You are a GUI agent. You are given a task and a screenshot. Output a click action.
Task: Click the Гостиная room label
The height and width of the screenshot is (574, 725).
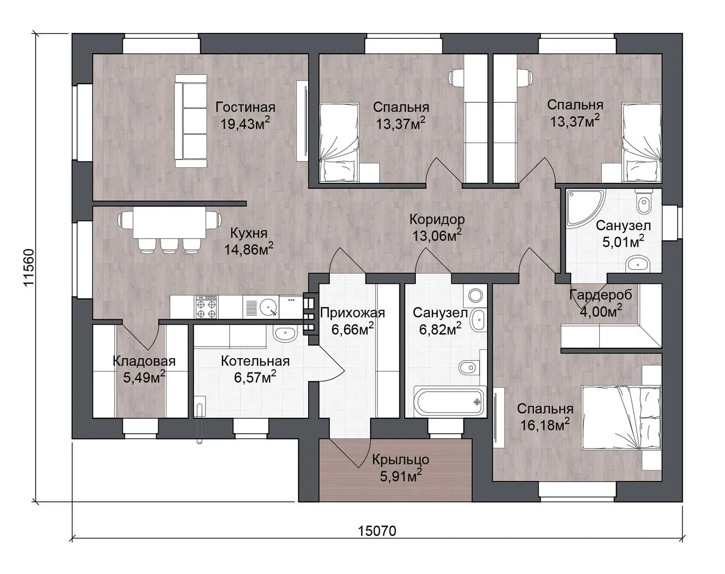click(x=245, y=107)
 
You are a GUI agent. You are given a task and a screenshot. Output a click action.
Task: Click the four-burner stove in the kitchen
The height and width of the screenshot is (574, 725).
click(x=207, y=307)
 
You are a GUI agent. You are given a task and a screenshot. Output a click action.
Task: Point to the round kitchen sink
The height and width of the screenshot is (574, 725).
click(x=269, y=308)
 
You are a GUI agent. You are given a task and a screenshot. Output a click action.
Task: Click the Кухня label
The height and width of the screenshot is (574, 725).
click(x=249, y=233)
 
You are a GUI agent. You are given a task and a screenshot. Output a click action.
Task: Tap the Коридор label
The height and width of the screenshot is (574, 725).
click(x=437, y=220)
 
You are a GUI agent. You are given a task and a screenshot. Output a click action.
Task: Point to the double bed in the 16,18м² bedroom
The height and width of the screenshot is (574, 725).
click(x=621, y=418)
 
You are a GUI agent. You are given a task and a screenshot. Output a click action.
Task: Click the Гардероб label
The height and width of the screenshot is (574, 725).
click(x=601, y=296)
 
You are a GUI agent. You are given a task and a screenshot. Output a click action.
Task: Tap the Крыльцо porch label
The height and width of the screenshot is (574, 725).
click(x=400, y=460)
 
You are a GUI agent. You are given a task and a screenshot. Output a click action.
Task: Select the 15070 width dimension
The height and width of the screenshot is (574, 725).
click(x=377, y=531)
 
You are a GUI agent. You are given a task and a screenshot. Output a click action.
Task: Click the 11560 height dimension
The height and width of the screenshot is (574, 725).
click(x=29, y=268)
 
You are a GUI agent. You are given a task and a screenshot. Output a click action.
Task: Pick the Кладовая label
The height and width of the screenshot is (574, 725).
click(x=144, y=361)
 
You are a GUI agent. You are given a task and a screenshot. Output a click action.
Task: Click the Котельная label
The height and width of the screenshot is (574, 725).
click(x=255, y=361)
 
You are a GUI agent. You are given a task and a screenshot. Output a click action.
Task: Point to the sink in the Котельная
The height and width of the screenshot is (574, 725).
click(x=285, y=334)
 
